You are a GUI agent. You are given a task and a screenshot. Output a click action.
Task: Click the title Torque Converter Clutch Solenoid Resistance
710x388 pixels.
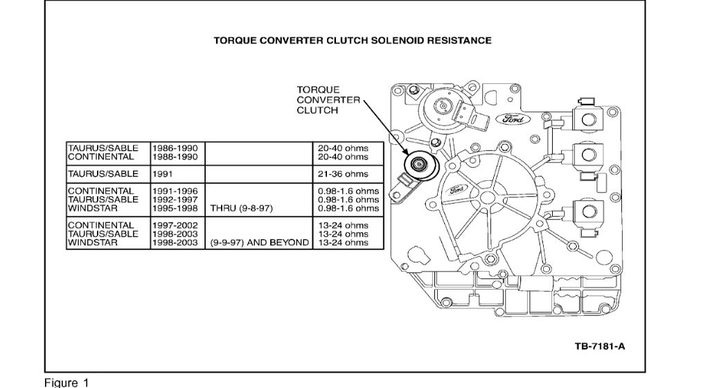pyautogui.click(x=353, y=40)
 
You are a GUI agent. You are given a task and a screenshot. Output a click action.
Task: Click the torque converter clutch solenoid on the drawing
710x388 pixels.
pyautogui.click(x=418, y=166)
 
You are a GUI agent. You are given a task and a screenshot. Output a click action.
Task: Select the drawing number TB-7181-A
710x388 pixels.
pyautogui.click(x=600, y=346)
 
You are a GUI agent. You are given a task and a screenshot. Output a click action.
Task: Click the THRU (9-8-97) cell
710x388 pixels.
pyautogui.click(x=240, y=208)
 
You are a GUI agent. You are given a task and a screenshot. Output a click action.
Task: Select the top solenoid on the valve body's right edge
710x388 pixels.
pyautogui.click(x=588, y=118)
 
